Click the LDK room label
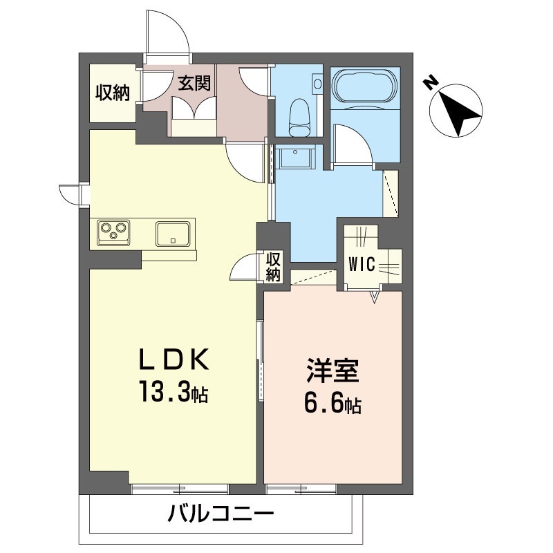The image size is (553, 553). point(174,360)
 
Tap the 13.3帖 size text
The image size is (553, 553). point(174,394)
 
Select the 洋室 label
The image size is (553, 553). point(332,371)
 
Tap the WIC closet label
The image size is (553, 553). point(362,264)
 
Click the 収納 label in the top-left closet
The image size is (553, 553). point(113,92)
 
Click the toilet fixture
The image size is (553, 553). point(298,115)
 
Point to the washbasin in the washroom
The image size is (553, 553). point(296,158)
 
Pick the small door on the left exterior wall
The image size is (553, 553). point(71,194)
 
